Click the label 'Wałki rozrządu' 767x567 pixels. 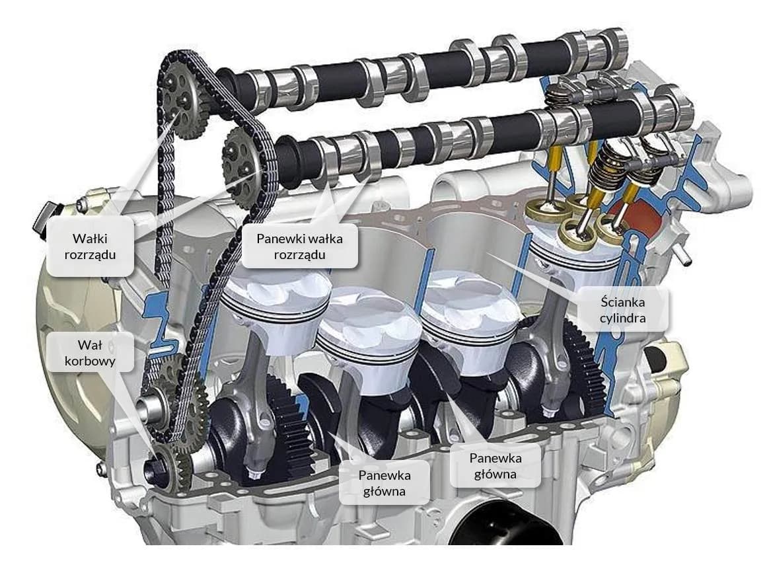click(x=90, y=246)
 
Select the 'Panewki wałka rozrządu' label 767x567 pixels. click(x=299, y=246)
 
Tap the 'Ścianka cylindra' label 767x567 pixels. click(x=622, y=310)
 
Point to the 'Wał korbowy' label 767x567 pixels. click(x=90, y=353)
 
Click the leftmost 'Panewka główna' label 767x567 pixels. click(x=384, y=483)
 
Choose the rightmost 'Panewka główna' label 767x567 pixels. click(x=495, y=466)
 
